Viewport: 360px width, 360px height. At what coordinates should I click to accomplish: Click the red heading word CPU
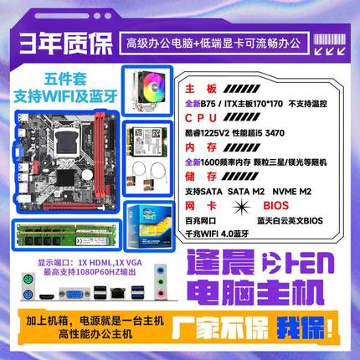(x=201, y=116)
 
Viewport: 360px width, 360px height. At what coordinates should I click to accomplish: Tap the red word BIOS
(x=291, y=203)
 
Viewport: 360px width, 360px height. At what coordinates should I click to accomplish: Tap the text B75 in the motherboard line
(x=215, y=102)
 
